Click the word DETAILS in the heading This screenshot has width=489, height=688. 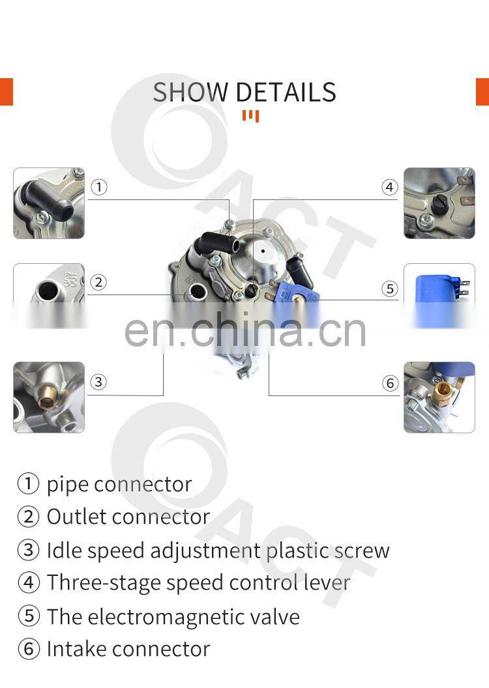(286, 92)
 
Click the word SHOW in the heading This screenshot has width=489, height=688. (190, 92)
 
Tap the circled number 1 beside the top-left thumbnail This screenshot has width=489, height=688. (98, 188)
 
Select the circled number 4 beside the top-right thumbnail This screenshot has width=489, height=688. (389, 188)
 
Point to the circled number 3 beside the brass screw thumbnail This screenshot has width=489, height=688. (98, 382)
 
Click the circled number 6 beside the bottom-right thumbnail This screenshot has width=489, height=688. (391, 383)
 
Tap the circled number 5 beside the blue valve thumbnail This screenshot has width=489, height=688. (390, 289)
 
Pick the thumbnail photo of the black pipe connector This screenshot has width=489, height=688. (49, 203)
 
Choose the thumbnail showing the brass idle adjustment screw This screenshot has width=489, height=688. (49, 397)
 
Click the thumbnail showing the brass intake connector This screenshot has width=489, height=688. (439, 397)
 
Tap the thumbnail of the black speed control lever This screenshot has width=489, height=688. (439, 203)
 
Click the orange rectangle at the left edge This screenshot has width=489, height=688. (7, 92)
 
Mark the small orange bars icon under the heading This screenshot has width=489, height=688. (250, 116)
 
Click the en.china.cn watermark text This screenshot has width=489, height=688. (245, 330)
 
